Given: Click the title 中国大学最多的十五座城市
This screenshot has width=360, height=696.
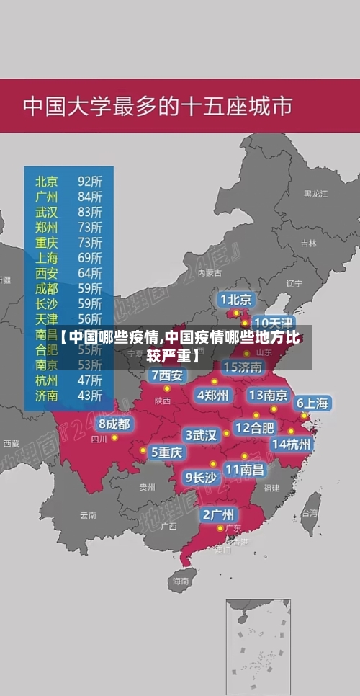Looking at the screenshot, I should coord(158,106).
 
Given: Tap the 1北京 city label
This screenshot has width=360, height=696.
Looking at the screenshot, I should coord(236,299).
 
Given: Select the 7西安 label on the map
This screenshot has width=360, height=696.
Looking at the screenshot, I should coord(168,375).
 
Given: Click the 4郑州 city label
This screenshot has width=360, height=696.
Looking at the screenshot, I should coord(212,395).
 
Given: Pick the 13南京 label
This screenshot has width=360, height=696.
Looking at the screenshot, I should coord(268,395).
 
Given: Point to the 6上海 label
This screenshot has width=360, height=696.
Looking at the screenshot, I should coord(312,403).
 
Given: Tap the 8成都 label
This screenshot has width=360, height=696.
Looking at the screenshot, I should coord(114,424).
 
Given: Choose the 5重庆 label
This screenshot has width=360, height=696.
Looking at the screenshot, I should coord(166,452).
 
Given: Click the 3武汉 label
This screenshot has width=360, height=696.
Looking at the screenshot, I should coord(201,435).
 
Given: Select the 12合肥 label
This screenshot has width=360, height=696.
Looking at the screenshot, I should coord(254,427).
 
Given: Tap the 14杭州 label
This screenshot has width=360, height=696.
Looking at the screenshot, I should coord(292,444).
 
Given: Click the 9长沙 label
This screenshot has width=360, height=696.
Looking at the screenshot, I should coord(201,476).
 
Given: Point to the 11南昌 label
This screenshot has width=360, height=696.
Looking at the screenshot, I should coord(245,469).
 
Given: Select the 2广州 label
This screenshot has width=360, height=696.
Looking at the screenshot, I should coord(217,514).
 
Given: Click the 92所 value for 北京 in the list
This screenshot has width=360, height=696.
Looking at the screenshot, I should coord(90,181).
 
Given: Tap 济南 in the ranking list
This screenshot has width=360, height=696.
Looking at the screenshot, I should coord(47,394).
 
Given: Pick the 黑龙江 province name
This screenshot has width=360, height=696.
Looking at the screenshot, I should coord(315,194).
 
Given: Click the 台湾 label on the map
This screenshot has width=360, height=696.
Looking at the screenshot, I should coord(309,514).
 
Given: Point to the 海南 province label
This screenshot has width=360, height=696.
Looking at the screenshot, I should coord(180,579).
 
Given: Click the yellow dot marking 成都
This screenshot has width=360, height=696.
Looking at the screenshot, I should coord(114,437).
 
